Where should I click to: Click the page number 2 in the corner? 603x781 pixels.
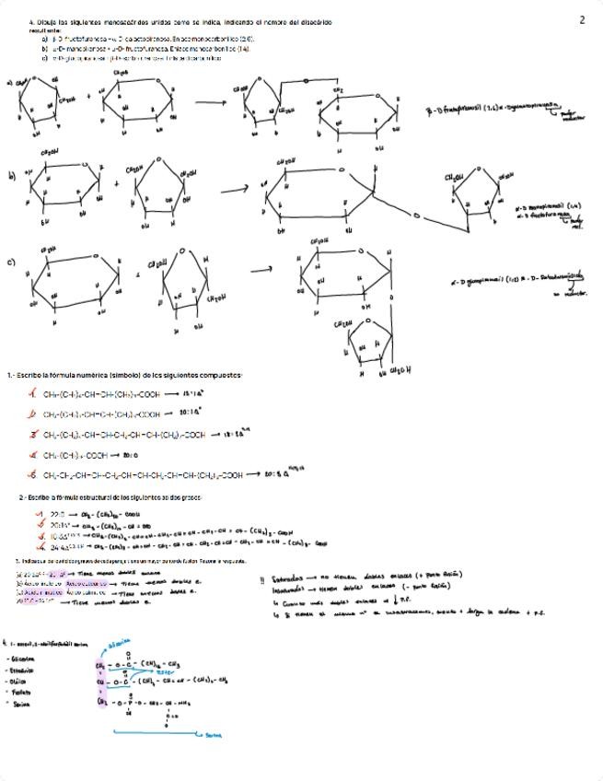pyautogui.click(x=582, y=19)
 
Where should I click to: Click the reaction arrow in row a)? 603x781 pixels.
pyautogui.click(x=210, y=102)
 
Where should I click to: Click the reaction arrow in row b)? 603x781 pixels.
pyautogui.click(x=234, y=189)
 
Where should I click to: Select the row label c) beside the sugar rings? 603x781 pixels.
pyautogui.click(x=11, y=262)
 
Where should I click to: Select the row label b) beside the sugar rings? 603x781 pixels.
pyautogui.click(x=11, y=175)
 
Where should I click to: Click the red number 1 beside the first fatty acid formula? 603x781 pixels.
pyautogui.click(x=33, y=393)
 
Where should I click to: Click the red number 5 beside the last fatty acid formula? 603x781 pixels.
pyautogui.click(x=33, y=475)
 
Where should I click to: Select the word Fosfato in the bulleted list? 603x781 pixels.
pyautogui.click(x=19, y=690)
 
